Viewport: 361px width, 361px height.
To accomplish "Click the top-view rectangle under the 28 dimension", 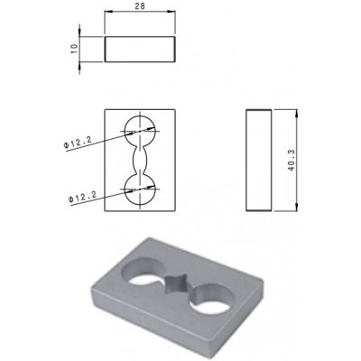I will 139,48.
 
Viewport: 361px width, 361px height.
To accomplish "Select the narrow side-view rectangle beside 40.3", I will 259,160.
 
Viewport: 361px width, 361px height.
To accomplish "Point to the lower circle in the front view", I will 140,191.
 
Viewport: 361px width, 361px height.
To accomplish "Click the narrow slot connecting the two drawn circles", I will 140,160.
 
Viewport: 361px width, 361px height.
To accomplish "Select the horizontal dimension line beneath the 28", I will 139,14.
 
